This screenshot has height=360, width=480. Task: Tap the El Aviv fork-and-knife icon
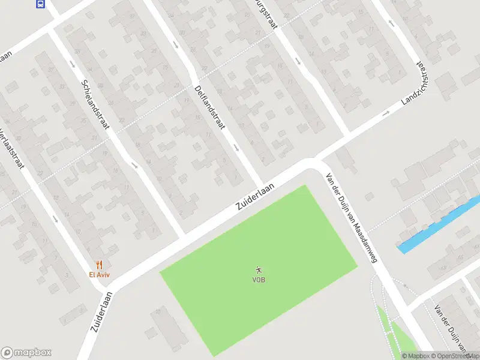[99, 265]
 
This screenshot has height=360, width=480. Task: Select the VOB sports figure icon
[259, 270]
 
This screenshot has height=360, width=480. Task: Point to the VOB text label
[259, 280]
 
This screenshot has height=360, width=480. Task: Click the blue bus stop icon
[40, 4]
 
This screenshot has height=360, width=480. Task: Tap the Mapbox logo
[26, 353]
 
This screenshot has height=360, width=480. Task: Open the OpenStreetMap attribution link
[455, 356]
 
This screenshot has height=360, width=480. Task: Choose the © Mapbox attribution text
[416, 356]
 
